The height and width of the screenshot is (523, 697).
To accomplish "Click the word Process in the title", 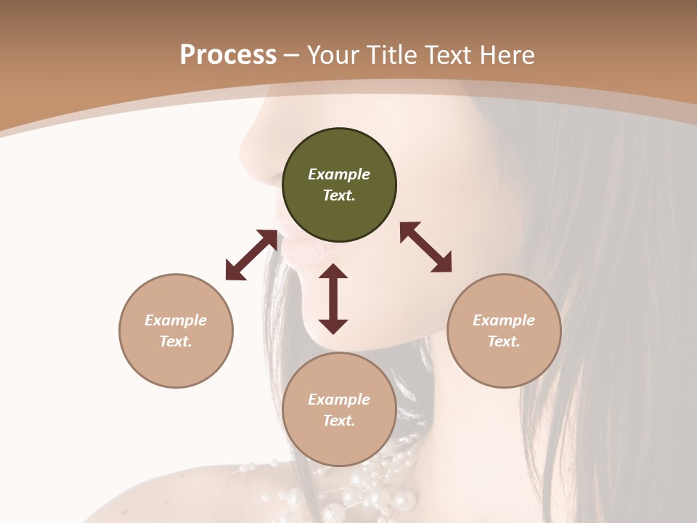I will (x=228, y=55).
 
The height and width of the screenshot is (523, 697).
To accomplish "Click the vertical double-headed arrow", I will (x=333, y=299).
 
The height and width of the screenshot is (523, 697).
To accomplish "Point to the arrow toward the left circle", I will (x=251, y=255).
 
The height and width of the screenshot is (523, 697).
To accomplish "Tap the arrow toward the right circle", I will (x=425, y=247).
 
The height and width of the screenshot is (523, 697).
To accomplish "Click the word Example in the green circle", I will (x=339, y=174).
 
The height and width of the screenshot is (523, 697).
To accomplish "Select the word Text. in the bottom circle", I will (x=339, y=421).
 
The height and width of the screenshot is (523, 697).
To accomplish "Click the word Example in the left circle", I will (x=176, y=320).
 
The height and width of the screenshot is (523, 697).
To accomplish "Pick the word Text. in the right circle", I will (x=504, y=341).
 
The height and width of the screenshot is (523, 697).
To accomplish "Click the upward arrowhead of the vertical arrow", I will (x=333, y=271).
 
